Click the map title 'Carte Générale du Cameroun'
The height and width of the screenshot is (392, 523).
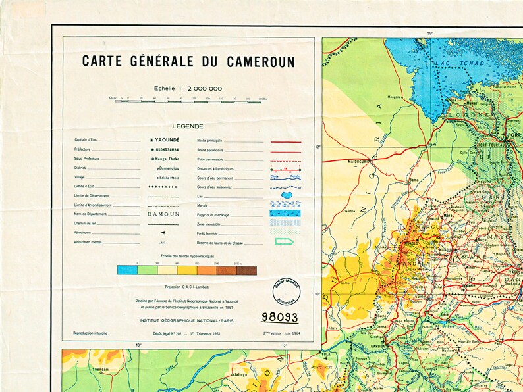click(x=188, y=62)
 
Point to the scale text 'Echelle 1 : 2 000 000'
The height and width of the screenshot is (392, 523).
click(x=188, y=88)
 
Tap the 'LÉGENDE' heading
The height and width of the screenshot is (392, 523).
click(x=188, y=126)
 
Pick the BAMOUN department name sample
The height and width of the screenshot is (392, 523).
click(x=162, y=214)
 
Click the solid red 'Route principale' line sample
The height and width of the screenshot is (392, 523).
click(x=285, y=141)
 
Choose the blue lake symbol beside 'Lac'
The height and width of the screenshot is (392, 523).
click(x=285, y=195)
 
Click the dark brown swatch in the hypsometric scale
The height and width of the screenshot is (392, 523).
click(x=246, y=270)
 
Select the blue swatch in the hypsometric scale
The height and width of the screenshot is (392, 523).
click(x=127, y=270)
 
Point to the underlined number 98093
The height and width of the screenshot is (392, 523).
click(x=279, y=317)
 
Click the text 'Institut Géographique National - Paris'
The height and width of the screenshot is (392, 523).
click(x=188, y=320)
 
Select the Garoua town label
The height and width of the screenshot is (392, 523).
click(x=378, y=343)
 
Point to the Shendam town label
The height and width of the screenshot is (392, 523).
click(x=81, y=370)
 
